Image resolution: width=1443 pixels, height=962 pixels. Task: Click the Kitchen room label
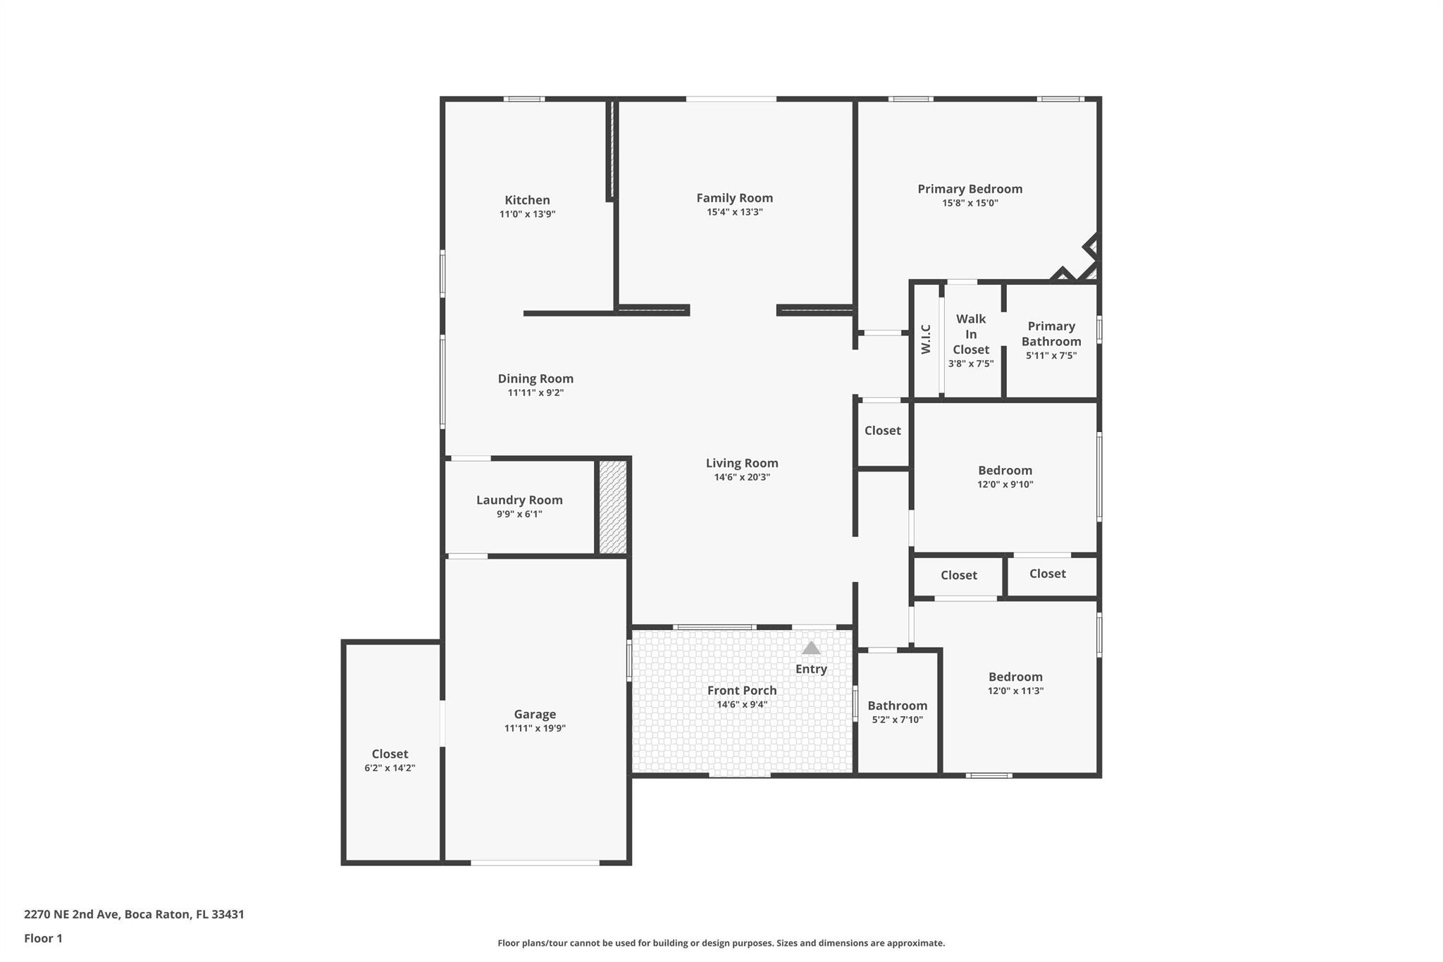coord(527,200)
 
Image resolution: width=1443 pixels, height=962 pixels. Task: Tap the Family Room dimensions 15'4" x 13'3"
coord(735,212)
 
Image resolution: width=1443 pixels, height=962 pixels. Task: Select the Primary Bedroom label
coord(970,189)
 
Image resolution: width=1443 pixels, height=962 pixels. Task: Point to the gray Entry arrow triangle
coord(811,648)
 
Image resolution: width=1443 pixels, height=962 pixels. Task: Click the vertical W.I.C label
coord(926,339)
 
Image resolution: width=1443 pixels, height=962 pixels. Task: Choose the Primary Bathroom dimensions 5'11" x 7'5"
coord(1051,356)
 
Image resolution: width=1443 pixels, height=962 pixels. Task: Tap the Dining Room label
coord(535,378)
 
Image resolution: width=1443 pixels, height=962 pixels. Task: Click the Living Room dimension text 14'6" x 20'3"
coord(742,477)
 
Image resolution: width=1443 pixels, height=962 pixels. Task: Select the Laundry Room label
coord(519,500)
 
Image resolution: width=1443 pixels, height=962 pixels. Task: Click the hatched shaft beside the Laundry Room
coord(612,507)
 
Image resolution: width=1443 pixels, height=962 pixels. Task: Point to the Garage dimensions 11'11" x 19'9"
coord(535,729)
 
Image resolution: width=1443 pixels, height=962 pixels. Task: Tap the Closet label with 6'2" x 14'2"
coord(390,754)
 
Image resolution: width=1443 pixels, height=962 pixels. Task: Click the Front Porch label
coord(742,691)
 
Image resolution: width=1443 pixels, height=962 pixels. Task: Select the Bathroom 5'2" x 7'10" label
coord(897,705)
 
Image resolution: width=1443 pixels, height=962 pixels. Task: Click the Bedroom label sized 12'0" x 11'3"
coord(1015,677)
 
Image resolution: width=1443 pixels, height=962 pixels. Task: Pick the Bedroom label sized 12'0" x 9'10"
coord(1005,470)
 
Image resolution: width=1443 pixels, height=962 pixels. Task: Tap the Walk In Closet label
coord(971,334)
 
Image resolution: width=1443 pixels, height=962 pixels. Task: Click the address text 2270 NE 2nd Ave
coord(73,914)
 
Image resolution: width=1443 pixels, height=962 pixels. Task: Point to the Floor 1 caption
coord(43,938)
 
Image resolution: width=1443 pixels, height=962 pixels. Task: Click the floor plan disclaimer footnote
coord(721,943)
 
